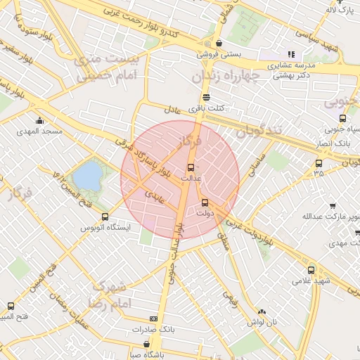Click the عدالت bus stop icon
tap(191, 167)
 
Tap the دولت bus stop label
tap(205, 212)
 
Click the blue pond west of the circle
tap(86, 176)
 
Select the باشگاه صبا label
tap(146, 355)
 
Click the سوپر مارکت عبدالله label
tap(325, 216)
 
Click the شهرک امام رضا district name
tap(107, 295)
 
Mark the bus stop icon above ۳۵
tap(319, 164)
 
